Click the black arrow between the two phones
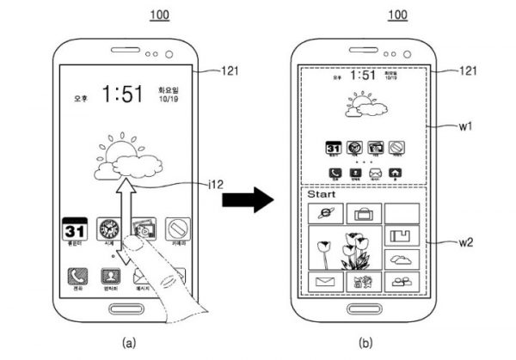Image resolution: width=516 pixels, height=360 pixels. click(x=247, y=200)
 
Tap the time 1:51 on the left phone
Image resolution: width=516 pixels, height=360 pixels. click(x=127, y=93)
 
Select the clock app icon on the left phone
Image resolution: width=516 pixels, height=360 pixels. click(x=109, y=230)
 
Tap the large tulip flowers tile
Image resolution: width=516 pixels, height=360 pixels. click(x=344, y=248)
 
